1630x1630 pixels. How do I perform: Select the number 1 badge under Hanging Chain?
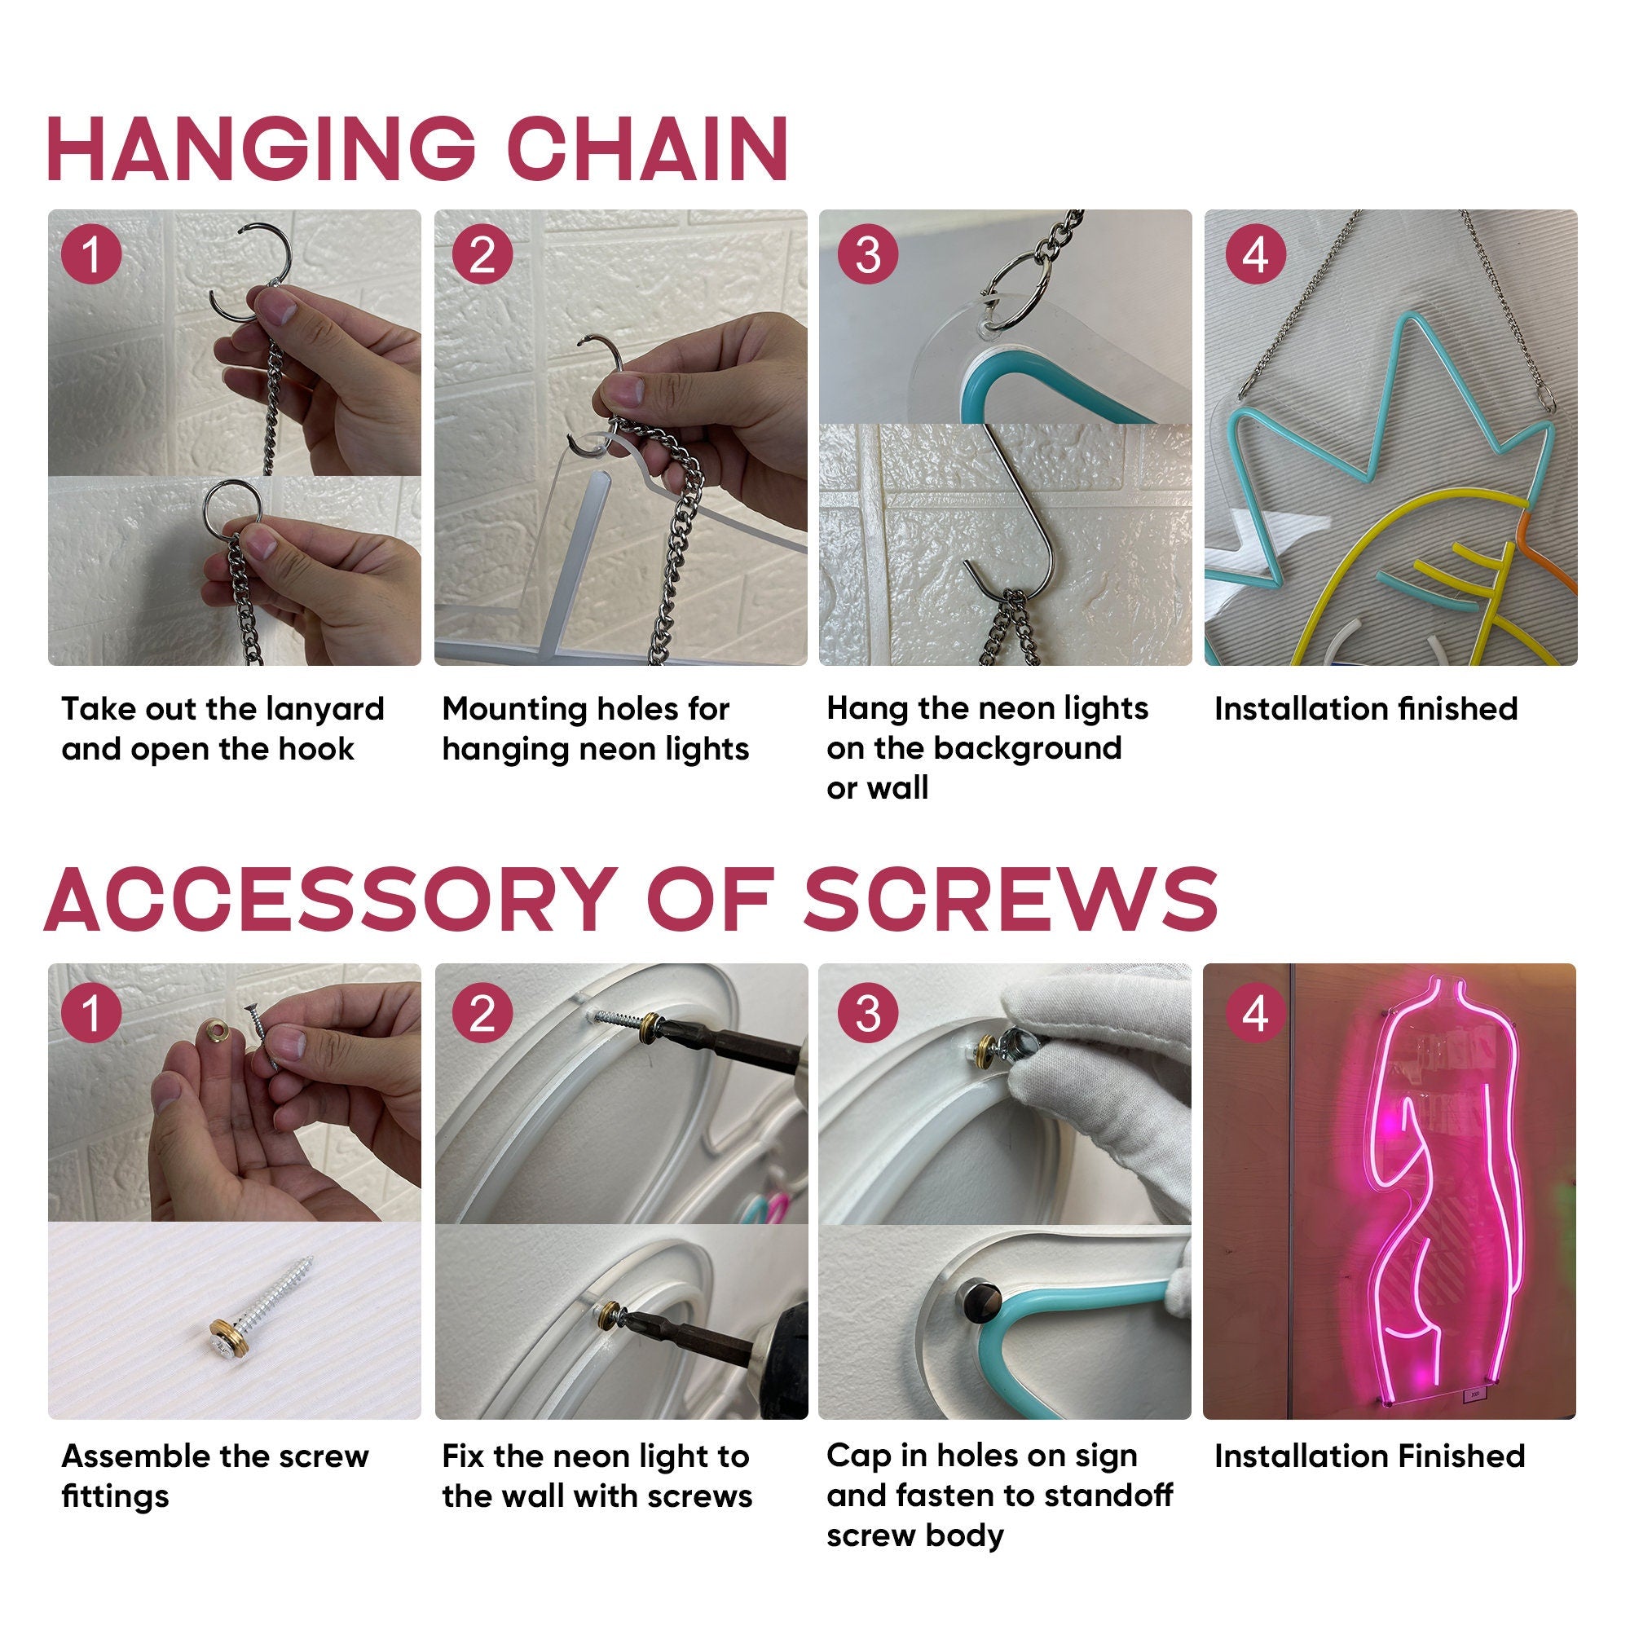[x=91, y=254]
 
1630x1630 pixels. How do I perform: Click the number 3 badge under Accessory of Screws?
[x=867, y=1013]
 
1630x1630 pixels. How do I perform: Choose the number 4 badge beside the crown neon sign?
[x=1254, y=254]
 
